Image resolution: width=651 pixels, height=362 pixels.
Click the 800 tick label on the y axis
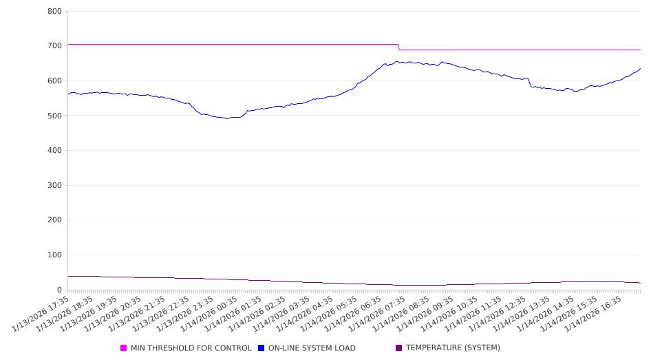[x=55, y=12]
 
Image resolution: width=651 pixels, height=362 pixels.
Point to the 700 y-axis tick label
[x=55, y=46]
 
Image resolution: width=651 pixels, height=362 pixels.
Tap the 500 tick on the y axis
[x=55, y=116]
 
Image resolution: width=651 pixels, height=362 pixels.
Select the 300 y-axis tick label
[x=55, y=186]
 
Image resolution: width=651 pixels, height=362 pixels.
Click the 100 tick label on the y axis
[x=55, y=255]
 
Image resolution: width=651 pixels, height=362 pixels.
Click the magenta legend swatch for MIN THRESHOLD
[x=124, y=348]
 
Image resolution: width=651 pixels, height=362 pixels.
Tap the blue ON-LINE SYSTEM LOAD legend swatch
[x=262, y=348]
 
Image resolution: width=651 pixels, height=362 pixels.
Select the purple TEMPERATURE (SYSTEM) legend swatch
[x=399, y=348]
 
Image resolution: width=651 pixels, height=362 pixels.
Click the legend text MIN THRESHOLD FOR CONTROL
[x=191, y=348]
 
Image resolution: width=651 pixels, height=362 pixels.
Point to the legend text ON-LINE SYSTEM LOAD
[x=312, y=348]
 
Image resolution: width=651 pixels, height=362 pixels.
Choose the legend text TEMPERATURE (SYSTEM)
[x=453, y=348]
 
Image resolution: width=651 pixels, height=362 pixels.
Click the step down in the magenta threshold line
[x=399, y=47]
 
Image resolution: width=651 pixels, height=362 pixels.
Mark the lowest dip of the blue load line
[x=228, y=118]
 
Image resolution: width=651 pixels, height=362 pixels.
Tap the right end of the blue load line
[x=640, y=68]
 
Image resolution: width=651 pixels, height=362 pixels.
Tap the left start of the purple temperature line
[x=69, y=276]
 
